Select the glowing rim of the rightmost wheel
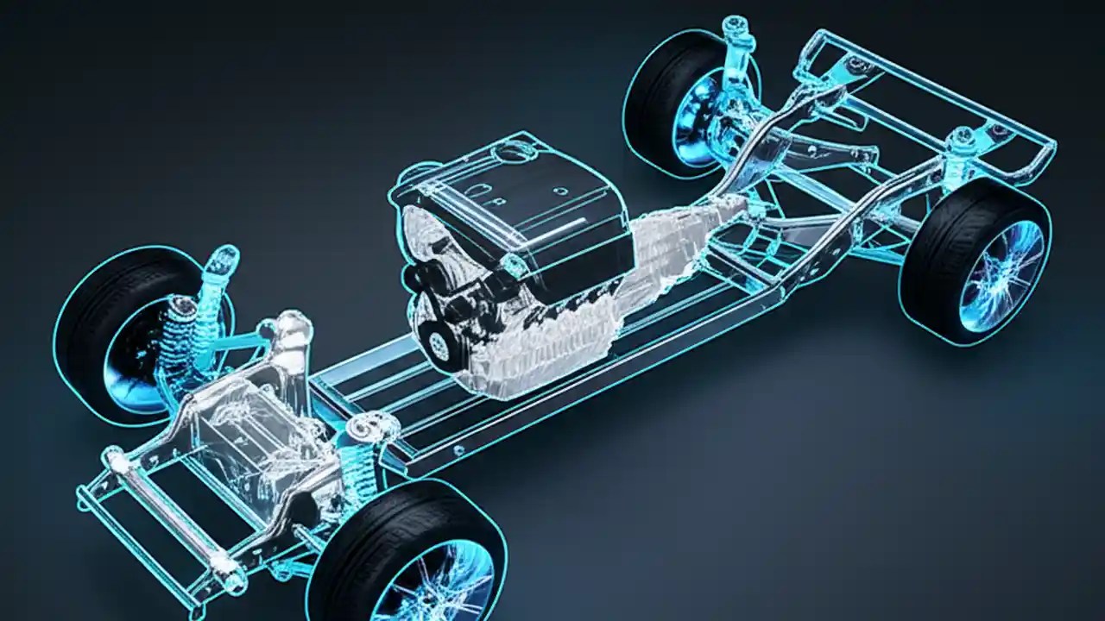[1001, 275]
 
